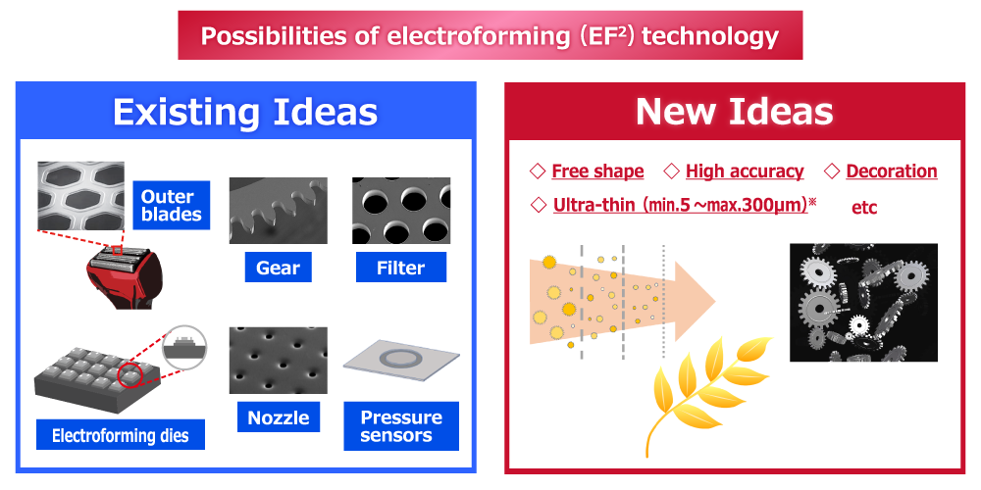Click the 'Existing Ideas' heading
(x=245, y=113)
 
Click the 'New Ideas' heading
(x=735, y=113)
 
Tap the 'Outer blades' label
(x=172, y=206)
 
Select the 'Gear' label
(x=278, y=269)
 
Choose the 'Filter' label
(x=401, y=268)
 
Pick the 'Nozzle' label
(x=279, y=416)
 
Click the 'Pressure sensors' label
(x=401, y=425)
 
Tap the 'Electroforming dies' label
(x=120, y=434)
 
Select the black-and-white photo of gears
(x=863, y=303)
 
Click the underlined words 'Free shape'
(x=597, y=171)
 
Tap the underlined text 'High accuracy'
(x=745, y=171)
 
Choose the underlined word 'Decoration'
(x=892, y=171)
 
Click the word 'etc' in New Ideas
(x=864, y=208)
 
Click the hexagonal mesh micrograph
(x=80, y=196)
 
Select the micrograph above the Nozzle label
(x=279, y=361)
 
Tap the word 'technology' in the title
(x=710, y=35)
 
